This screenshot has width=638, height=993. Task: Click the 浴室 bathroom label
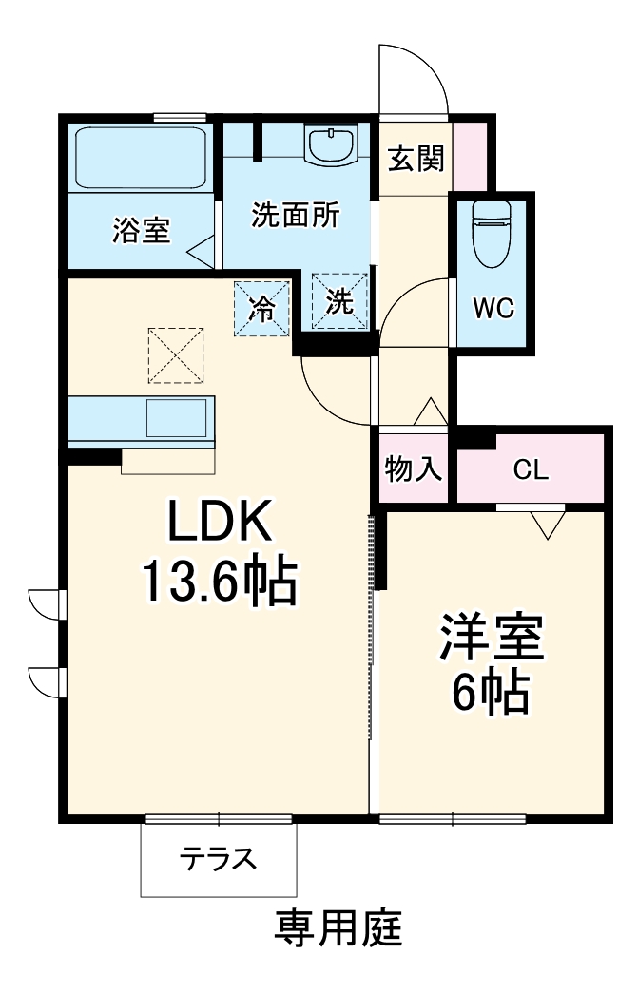(x=142, y=231)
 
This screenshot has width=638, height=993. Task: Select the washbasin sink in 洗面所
(x=330, y=145)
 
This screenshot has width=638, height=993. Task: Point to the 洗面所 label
(x=295, y=215)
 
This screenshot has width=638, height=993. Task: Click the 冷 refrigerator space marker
(x=261, y=306)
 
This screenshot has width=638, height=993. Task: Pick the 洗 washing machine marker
(x=340, y=303)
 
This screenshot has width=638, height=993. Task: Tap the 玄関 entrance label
(x=416, y=159)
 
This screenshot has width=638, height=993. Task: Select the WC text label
(x=493, y=308)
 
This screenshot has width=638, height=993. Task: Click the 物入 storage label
(x=415, y=468)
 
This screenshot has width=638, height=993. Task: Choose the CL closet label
(x=531, y=468)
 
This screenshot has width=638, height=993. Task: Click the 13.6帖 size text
(x=220, y=581)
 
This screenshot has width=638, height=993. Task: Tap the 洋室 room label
(x=491, y=640)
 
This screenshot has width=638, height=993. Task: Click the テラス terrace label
(x=219, y=859)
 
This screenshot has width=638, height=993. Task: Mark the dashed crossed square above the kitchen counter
(x=176, y=354)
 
